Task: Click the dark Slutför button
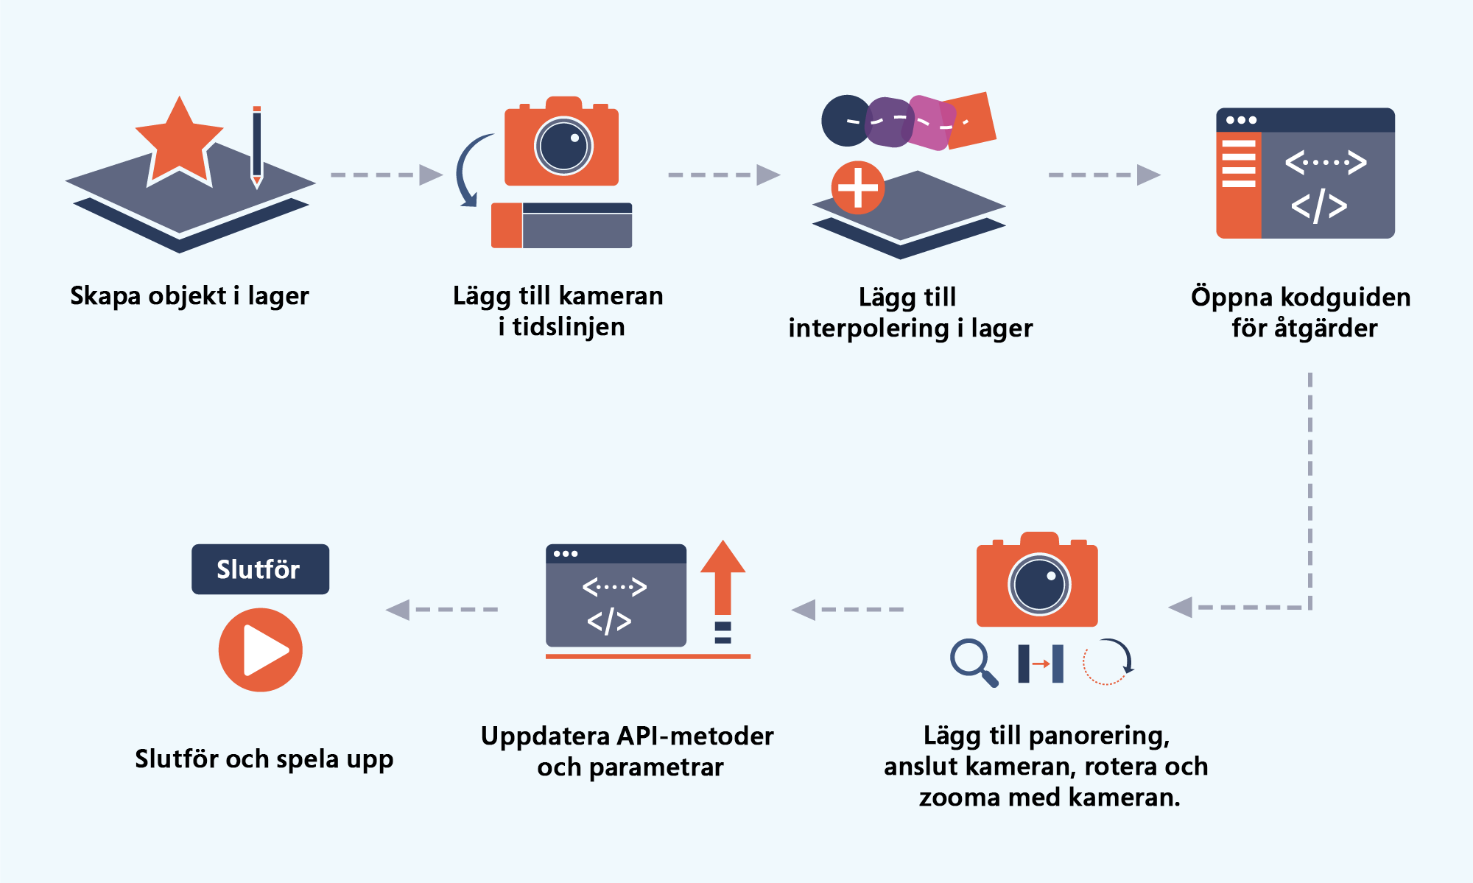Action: click(x=260, y=569)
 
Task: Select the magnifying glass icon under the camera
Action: click(x=972, y=661)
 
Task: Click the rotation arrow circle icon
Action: click(x=1108, y=661)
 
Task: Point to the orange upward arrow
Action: click(x=723, y=578)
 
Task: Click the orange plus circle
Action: click(x=857, y=188)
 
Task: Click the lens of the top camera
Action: click(x=563, y=146)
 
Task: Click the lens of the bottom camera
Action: click(x=1039, y=585)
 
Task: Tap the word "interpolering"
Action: click(x=868, y=328)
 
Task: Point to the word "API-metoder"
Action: click(x=695, y=736)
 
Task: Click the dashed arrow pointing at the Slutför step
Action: click(x=441, y=610)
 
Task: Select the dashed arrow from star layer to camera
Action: click(x=386, y=175)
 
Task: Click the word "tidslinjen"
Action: click(x=569, y=327)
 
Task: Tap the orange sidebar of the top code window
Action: click(x=1238, y=184)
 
